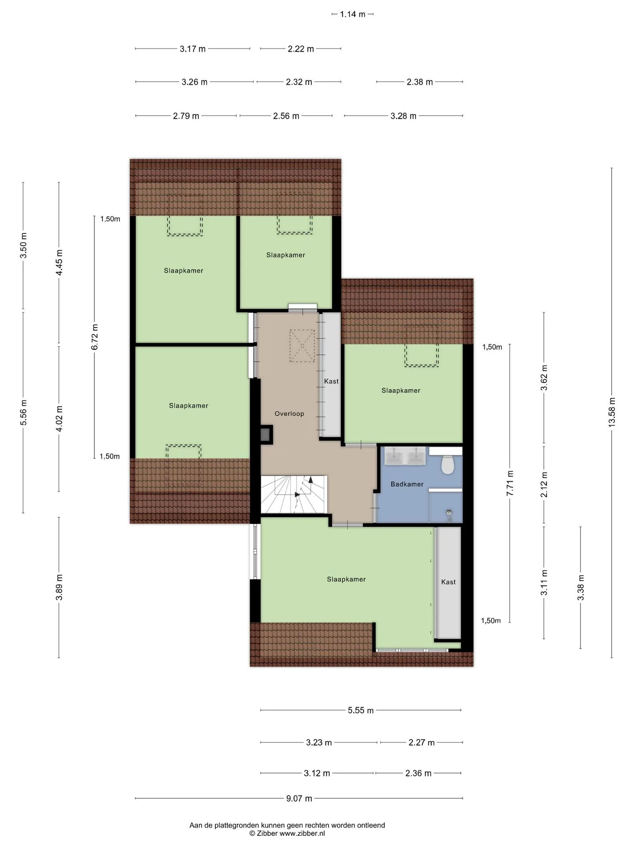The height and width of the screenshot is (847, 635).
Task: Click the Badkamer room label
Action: coord(407,484)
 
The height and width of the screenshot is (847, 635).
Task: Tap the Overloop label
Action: coord(289,414)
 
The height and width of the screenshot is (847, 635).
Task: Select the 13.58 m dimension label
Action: coord(612,412)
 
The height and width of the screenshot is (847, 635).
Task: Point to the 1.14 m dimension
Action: coord(353,14)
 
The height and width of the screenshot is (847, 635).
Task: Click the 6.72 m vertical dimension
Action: coord(95,337)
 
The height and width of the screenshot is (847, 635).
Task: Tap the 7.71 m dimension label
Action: coord(510,483)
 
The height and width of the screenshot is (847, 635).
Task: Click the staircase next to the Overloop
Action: coord(294,494)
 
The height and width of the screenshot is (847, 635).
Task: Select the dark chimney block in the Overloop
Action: coord(266,435)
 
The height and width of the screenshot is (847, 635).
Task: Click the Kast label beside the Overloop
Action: coord(332,381)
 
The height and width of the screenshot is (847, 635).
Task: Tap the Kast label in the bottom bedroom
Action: coord(448,582)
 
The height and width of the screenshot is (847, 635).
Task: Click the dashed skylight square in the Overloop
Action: coord(302,346)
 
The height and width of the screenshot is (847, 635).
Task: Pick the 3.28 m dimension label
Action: coord(403,116)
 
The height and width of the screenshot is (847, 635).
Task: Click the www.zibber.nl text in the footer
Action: coord(302,833)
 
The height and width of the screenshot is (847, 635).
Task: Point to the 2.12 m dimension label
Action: coord(544,484)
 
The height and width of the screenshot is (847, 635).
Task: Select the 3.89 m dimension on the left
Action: coord(59,587)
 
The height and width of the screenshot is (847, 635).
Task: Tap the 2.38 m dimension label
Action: coord(420,82)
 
